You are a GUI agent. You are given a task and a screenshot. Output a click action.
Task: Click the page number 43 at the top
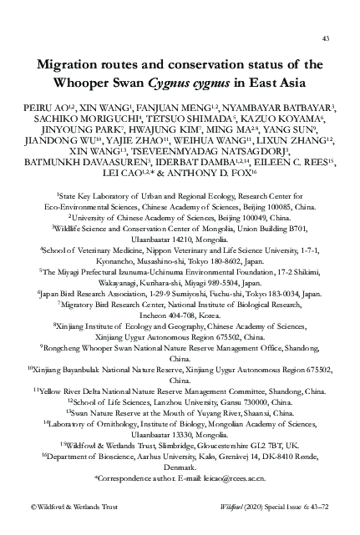click(x=325, y=39)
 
